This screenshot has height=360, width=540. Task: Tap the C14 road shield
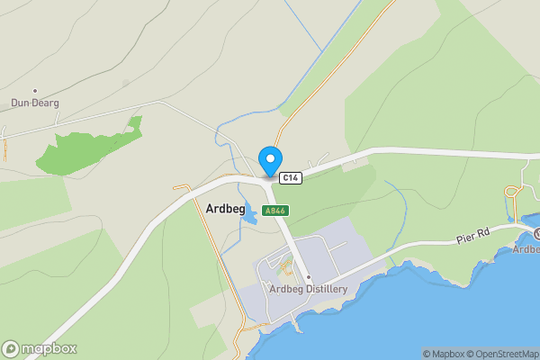290,178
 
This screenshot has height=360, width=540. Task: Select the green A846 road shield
275,210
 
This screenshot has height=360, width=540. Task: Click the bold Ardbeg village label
225,208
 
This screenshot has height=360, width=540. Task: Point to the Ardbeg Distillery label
308,289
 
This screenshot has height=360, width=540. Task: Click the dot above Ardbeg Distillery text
308,277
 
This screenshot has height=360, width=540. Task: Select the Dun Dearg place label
35,103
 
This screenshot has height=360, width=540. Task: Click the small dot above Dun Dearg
35,91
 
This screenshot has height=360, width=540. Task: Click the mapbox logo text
49,349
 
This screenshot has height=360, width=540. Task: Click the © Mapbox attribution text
445,354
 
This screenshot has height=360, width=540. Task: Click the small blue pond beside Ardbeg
245,192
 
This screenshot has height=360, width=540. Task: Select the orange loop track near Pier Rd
513,192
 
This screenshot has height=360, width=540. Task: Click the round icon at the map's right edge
536,234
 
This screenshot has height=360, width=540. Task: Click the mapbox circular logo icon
11,349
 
